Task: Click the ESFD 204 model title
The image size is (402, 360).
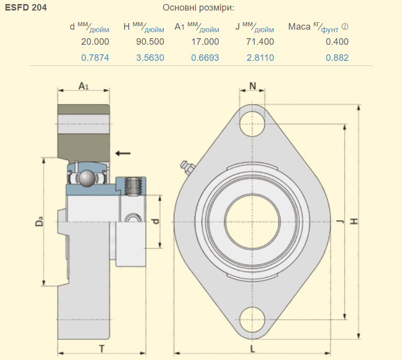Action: pyautogui.click(x=26, y=8)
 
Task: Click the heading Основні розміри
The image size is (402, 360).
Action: pyautogui.click(x=198, y=8)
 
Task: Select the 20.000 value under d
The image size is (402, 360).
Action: pyautogui.click(x=95, y=42)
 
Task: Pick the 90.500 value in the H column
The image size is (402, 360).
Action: pyautogui.click(x=150, y=42)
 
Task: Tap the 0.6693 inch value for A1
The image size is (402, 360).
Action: pyautogui.click(x=205, y=58)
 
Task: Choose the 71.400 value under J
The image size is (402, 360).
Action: pyautogui.click(x=260, y=42)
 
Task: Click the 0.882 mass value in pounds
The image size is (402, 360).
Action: pyautogui.click(x=337, y=58)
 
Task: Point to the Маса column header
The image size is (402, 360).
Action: pyautogui.click(x=299, y=27)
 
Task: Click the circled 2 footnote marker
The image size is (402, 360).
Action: pyautogui.click(x=345, y=27)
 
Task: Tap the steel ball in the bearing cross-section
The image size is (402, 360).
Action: pyautogui.click(x=87, y=177)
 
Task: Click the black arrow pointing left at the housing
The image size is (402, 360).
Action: pyautogui.click(x=123, y=153)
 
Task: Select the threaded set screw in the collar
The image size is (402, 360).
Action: pyautogui.click(x=133, y=187)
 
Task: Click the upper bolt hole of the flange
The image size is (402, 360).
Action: pyautogui.click(x=252, y=124)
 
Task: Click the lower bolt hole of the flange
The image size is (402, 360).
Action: pyautogui.click(x=252, y=320)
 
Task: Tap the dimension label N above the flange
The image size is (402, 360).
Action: pyautogui.click(x=253, y=86)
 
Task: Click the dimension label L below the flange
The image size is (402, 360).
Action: pyautogui.click(x=253, y=349)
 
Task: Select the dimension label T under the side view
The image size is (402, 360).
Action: pyautogui.click(x=102, y=349)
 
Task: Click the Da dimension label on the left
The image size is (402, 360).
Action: pyautogui.click(x=39, y=222)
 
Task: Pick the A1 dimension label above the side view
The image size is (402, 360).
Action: pyautogui.click(x=83, y=86)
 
